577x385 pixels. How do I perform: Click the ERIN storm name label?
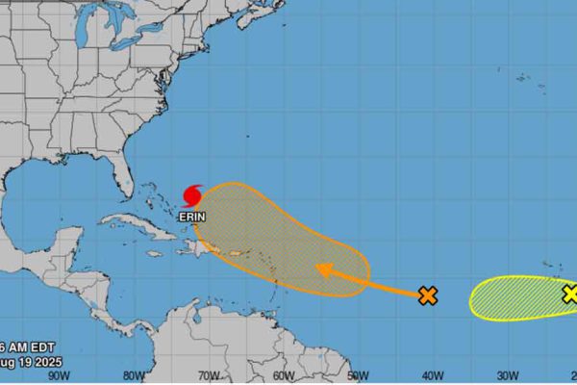(x=192, y=218)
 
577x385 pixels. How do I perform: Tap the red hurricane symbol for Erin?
(x=192, y=195)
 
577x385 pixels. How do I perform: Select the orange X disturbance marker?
(x=428, y=295)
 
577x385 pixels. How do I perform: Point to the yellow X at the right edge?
(x=570, y=294)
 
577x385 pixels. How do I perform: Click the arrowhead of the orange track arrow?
(x=322, y=269)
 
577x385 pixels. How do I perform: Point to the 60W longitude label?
(x=283, y=375)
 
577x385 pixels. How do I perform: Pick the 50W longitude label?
(x=357, y=375)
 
